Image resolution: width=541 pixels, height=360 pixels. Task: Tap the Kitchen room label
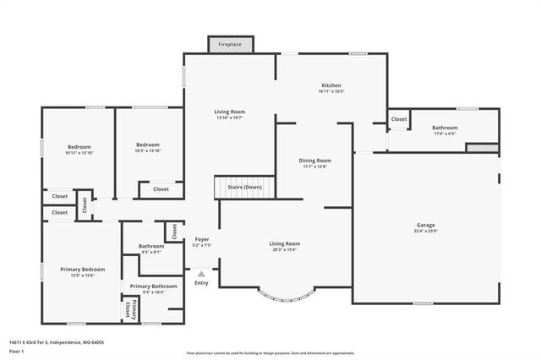(x=331, y=86)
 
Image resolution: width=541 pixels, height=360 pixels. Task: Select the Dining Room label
(x=314, y=160)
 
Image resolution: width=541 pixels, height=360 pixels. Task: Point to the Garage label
(x=425, y=226)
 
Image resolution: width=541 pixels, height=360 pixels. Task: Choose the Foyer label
(x=201, y=239)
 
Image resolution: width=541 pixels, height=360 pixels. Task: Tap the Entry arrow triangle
(x=201, y=274)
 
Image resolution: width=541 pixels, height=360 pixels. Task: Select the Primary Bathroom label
(x=153, y=286)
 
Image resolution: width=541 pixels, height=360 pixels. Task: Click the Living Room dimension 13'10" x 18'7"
(x=228, y=117)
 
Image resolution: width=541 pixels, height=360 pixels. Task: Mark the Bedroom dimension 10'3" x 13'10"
(x=148, y=151)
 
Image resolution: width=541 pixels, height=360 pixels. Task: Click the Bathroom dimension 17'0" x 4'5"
(x=445, y=134)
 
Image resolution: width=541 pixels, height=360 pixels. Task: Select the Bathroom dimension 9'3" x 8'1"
(x=151, y=252)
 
